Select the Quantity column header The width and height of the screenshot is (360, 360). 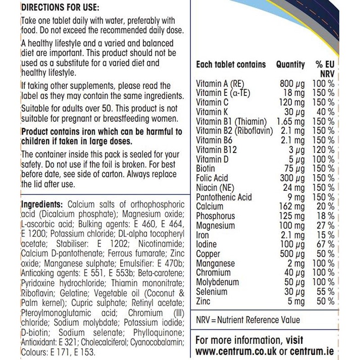point(290,65)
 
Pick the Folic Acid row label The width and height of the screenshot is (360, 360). point(213,178)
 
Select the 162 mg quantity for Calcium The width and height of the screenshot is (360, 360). point(292,207)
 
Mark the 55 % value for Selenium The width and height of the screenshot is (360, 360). point(324,292)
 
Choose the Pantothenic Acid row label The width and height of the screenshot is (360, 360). point(224,197)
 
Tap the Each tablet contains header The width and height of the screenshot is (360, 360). point(231,65)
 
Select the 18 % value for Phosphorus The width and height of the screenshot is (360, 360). point(324,216)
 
